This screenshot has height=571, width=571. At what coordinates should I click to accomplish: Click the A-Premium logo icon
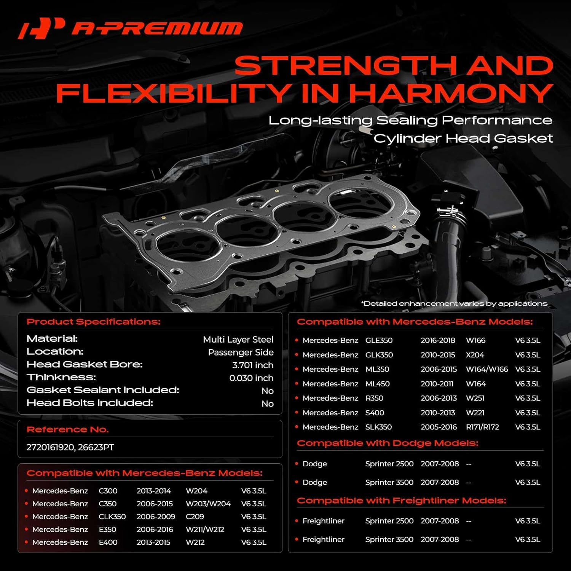(41, 28)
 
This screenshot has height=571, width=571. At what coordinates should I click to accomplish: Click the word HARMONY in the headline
(451, 93)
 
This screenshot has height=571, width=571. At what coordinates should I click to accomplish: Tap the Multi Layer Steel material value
(238, 340)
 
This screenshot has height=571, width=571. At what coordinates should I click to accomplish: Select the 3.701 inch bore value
(253, 365)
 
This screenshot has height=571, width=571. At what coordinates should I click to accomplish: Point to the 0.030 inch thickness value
(251, 378)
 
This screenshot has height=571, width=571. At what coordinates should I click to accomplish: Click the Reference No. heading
(68, 429)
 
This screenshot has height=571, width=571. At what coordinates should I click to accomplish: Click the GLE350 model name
(379, 340)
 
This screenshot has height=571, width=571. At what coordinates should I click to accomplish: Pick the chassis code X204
(475, 355)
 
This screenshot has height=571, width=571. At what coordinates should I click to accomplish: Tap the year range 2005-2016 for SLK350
(439, 427)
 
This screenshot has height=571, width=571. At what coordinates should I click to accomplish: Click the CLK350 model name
(112, 517)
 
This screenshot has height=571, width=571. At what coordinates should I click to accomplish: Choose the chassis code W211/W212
(205, 530)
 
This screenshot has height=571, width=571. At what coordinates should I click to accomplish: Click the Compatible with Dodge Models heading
(388, 443)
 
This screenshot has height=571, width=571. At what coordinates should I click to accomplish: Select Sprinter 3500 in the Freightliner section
(389, 539)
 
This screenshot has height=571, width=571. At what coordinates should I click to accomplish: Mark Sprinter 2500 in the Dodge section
(389, 464)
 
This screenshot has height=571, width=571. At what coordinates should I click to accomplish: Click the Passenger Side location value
(241, 352)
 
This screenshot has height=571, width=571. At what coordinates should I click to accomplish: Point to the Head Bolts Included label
(89, 403)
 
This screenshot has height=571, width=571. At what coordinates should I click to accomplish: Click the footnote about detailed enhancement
(454, 303)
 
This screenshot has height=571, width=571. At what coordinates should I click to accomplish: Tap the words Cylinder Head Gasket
(463, 138)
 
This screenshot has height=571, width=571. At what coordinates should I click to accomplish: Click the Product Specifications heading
(94, 322)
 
